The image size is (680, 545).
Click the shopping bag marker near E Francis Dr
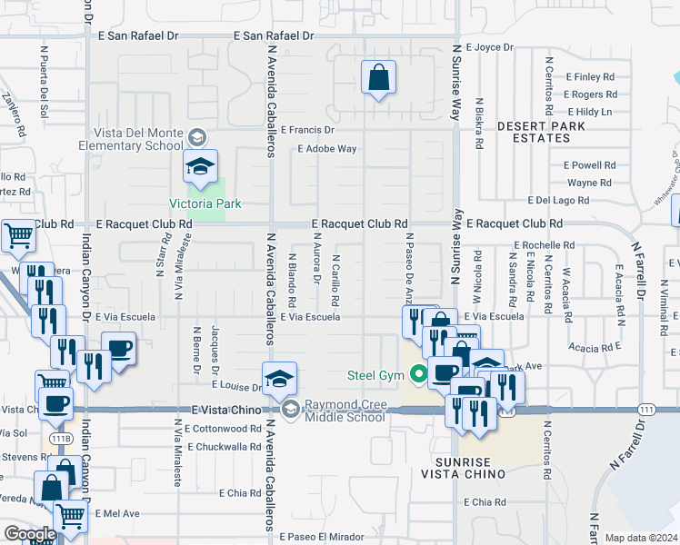(x=377, y=78)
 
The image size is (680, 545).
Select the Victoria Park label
(x=205, y=203)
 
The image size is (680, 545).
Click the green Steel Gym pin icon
(x=418, y=373)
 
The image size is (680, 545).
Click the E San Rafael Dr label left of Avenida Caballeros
(x=139, y=36)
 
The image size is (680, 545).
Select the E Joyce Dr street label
(x=489, y=47)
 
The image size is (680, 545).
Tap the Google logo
(x=30, y=534)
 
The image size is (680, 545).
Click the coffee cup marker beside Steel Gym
(x=444, y=372)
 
